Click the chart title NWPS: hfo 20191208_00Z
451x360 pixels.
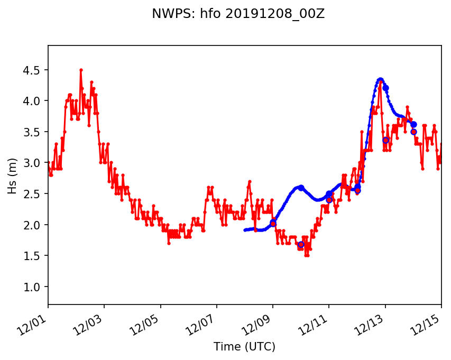pyautogui.click(x=238, y=14)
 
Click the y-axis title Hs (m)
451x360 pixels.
pyautogui.click(x=13, y=175)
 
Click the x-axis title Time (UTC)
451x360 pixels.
pyautogui.click(x=244, y=347)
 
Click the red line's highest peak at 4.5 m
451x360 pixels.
pyautogui.click(x=81, y=70)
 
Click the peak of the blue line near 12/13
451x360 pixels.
pyautogui.click(x=380, y=79)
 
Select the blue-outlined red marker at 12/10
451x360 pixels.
pyautogui.click(x=301, y=244)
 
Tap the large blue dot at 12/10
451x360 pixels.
pyautogui.click(x=301, y=188)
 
